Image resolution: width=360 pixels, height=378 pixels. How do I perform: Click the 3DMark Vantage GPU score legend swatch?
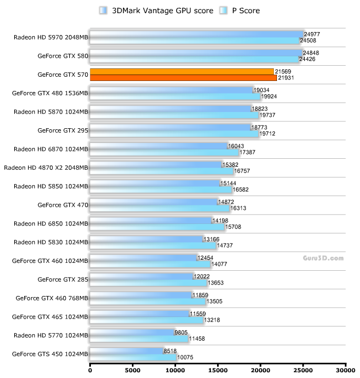pos(102,10)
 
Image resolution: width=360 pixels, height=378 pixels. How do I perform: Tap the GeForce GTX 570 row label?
pos(63,75)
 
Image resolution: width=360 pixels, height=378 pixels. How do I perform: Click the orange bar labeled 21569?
pos(182,71)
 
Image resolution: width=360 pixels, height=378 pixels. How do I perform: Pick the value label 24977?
pos(312,34)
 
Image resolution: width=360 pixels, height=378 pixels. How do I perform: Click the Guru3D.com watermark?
pos(323,258)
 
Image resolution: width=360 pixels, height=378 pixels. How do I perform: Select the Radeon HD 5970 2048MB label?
pos(51,37)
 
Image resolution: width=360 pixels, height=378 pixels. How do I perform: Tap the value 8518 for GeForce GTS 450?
pos(171,351)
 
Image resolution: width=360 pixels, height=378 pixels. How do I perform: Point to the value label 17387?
pos(248,152)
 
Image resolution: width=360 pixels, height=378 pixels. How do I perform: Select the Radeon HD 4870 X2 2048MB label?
pos(46,168)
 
